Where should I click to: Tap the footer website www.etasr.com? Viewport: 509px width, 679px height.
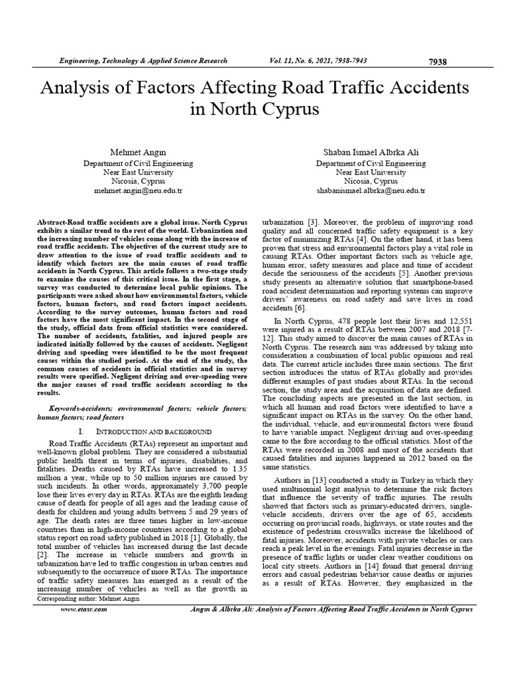83,609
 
